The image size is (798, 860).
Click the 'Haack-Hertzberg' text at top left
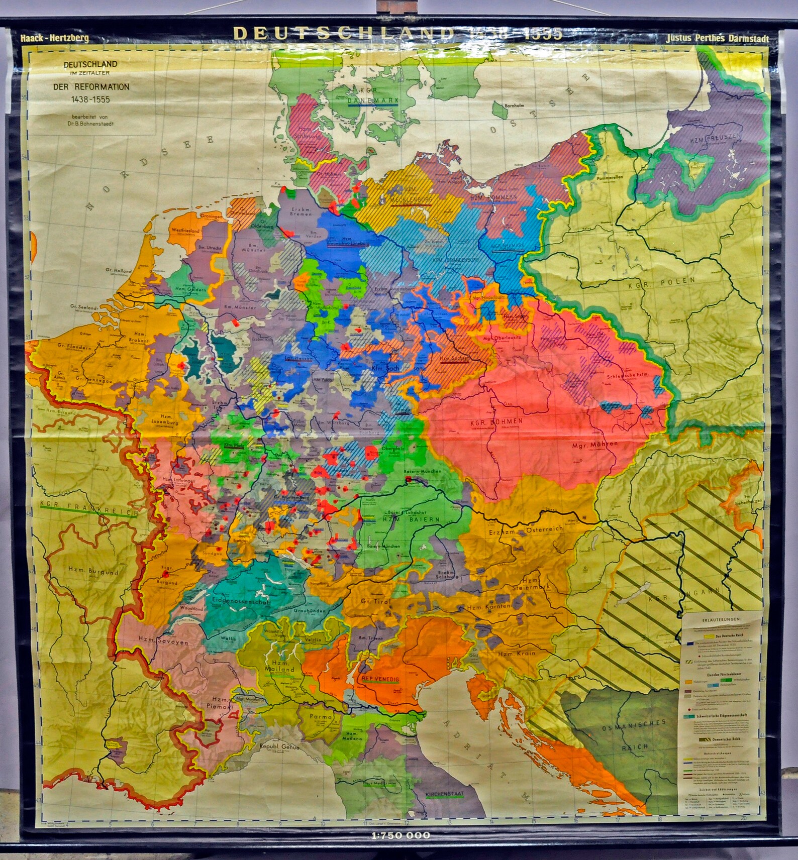coord(55,38)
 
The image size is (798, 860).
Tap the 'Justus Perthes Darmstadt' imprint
coord(717,38)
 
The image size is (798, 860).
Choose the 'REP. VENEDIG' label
coord(380,679)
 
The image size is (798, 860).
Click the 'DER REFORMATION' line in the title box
coord(91,86)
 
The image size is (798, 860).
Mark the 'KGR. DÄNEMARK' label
coord(372,100)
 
